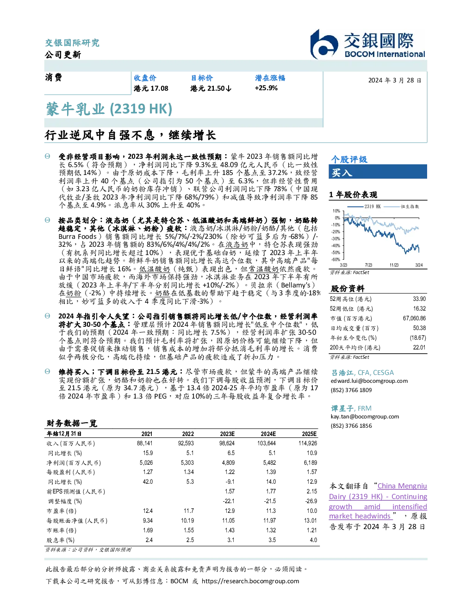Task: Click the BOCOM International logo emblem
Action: point(324,44)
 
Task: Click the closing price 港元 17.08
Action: point(151,88)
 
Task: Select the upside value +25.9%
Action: point(266,88)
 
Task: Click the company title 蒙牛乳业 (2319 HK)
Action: point(109,109)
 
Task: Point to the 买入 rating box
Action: point(378,172)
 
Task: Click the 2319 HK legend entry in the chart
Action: point(364,206)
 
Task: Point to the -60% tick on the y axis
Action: point(336,260)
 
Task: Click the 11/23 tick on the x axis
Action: point(394,265)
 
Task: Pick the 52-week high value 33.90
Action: point(419,299)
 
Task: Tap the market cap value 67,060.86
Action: point(414,318)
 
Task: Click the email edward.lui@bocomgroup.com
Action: point(369,381)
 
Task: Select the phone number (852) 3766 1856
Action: point(351,426)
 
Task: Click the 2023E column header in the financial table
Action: point(227,434)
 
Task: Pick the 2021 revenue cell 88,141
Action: point(144,443)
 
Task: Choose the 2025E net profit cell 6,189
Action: point(311,462)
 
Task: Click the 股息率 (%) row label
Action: point(61,540)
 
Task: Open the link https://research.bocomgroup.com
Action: point(250,581)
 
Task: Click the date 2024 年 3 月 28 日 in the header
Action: point(395,81)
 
